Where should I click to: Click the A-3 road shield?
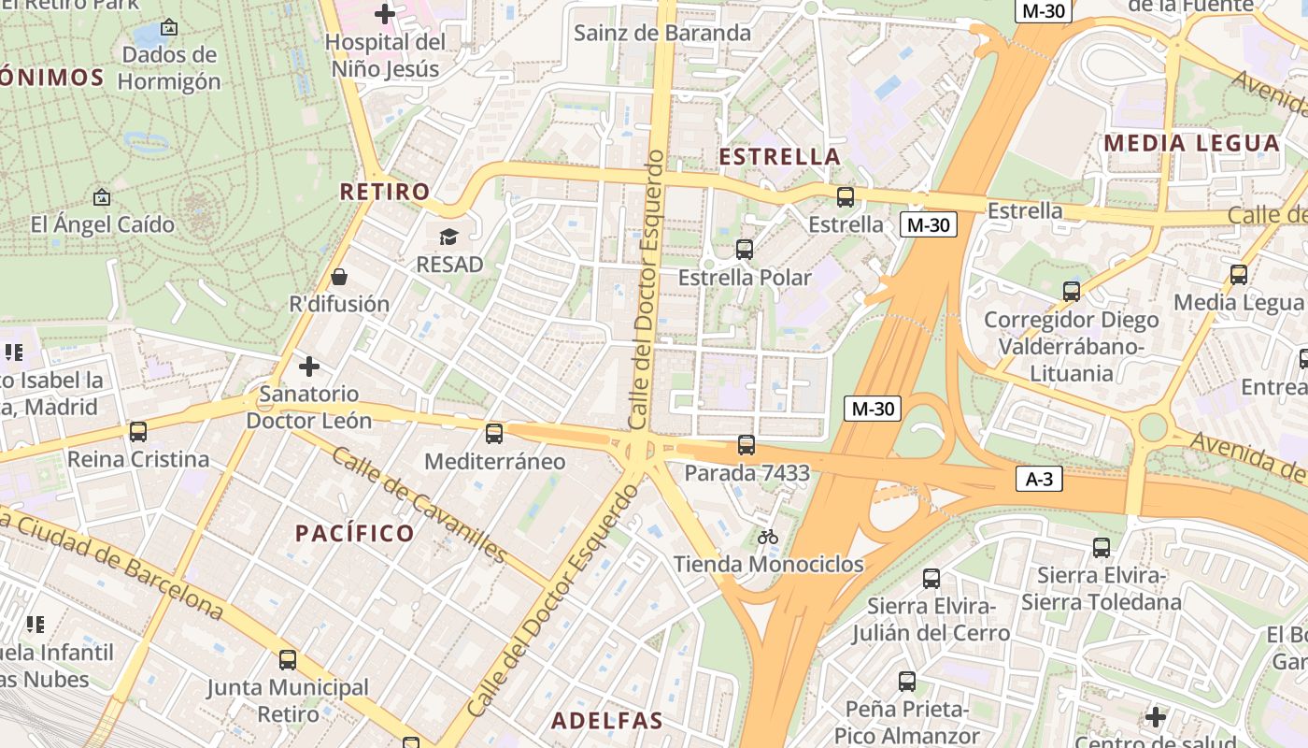click(1039, 479)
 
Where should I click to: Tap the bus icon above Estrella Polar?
click(745, 250)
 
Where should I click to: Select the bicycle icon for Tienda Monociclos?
click(768, 537)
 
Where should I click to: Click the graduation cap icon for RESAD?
click(449, 237)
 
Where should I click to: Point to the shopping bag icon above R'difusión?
click(339, 277)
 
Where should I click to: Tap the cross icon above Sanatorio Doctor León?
click(309, 366)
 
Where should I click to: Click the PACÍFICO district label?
click(355, 533)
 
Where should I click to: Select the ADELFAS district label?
click(607, 721)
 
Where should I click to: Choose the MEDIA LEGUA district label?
click(1191, 143)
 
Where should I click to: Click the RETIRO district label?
click(385, 192)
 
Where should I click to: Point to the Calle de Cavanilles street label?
click(419, 506)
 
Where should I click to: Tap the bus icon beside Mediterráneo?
click(494, 434)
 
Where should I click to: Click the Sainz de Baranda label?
click(662, 33)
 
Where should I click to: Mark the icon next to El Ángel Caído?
click(102, 197)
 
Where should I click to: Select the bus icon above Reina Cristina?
click(138, 432)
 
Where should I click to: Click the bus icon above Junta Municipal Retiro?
click(288, 660)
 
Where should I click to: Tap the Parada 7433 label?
click(746, 473)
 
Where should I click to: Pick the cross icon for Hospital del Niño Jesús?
click(384, 14)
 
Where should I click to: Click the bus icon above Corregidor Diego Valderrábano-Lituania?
click(1072, 292)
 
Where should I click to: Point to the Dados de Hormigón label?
click(169, 67)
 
